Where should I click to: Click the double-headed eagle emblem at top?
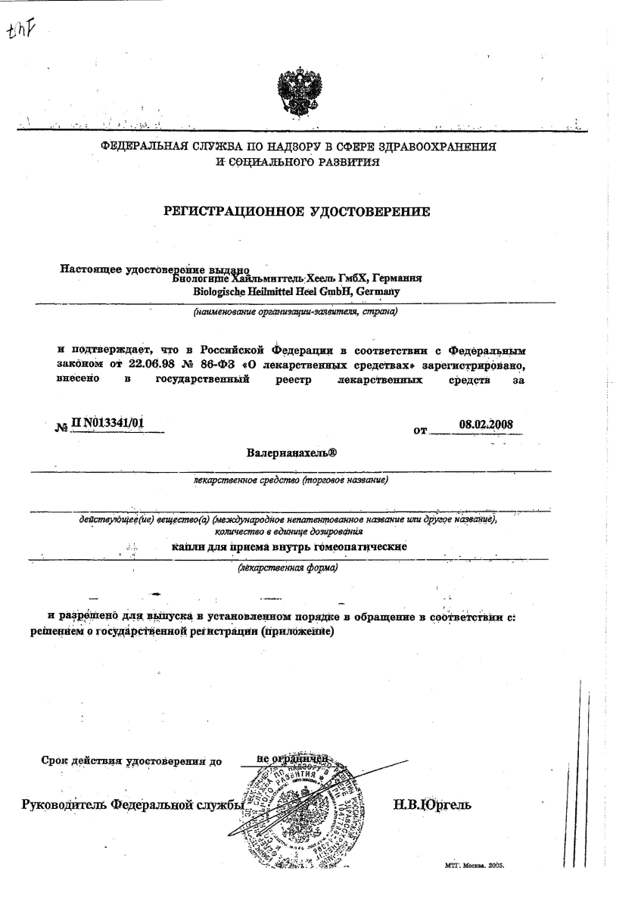point(295,91)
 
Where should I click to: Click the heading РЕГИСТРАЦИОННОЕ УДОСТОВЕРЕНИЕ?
point(297,211)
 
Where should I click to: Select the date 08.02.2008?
point(486,424)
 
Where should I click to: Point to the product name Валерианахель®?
point(291,453)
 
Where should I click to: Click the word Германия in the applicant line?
point(395,278)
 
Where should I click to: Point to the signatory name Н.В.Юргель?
point(432,804)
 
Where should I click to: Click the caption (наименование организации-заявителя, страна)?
point(295,311)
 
